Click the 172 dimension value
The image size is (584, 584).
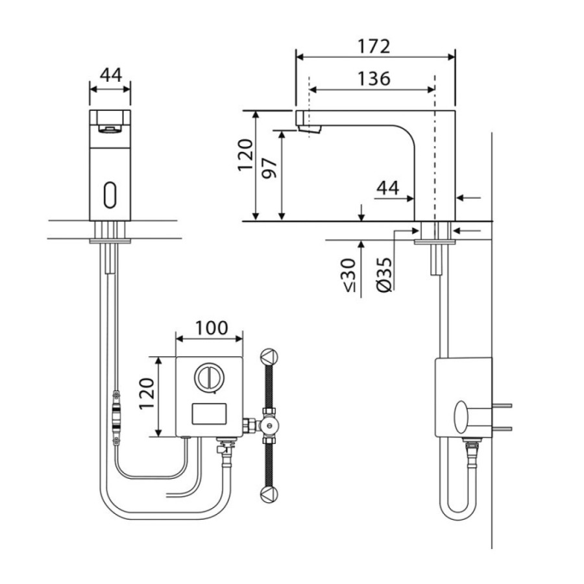[x=374, y=47]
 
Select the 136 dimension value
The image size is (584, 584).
[x=374, y=79]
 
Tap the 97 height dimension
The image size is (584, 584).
[x=269, y=168]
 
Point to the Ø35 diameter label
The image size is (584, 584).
[x=384, y=274]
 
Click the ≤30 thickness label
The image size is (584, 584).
[x=349, y=275]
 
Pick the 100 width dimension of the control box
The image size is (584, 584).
[x=212, y=328]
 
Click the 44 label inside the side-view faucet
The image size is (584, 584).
[x=388, y=188]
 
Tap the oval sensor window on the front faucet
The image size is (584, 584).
[x=110, y=195]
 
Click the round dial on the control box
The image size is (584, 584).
[x=210, y=378]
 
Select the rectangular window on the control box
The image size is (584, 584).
[x=209, y=414]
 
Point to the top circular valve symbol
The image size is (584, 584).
[x=269, y=357]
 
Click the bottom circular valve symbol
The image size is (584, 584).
[x=269, y=494]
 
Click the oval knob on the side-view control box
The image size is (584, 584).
[x=461, y=417]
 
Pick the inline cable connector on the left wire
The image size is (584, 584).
[x=117, y=417]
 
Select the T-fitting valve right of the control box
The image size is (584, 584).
[x=268, y=425]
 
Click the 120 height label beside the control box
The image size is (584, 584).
[x=147, y=394]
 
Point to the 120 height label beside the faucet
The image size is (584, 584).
[x=245, y=155]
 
